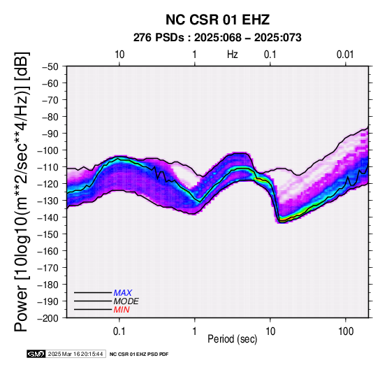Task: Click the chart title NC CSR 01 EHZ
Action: [x=217, y=20]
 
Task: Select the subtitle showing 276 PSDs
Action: [x=217, y=38]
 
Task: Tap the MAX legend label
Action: [x=123, y=293]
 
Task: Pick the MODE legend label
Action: [x=126, y=301]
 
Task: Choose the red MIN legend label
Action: [x=122, y=310]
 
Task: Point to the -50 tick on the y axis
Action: [x=50, y=66]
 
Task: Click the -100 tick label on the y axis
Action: [x=48, y=150]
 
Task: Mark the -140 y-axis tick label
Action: [x=48, y=217]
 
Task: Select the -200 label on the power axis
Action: [x=48, y=318]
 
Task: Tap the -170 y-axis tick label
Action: [x=48, y=268]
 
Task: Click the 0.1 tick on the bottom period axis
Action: [x=119, y=331]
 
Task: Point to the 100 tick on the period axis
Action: [x=346, y=331]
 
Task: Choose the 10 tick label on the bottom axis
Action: [x=270, y=331]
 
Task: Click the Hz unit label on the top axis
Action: [x=233, y=55]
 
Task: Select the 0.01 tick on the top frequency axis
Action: [x=345, y=55]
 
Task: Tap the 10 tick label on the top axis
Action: [x=119, y=55]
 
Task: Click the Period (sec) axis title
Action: [x=232, y=339]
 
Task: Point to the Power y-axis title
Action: [x=22, y=192]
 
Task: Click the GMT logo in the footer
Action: [x=36, y=355]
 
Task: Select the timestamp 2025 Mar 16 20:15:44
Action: [x=75, y=355]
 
